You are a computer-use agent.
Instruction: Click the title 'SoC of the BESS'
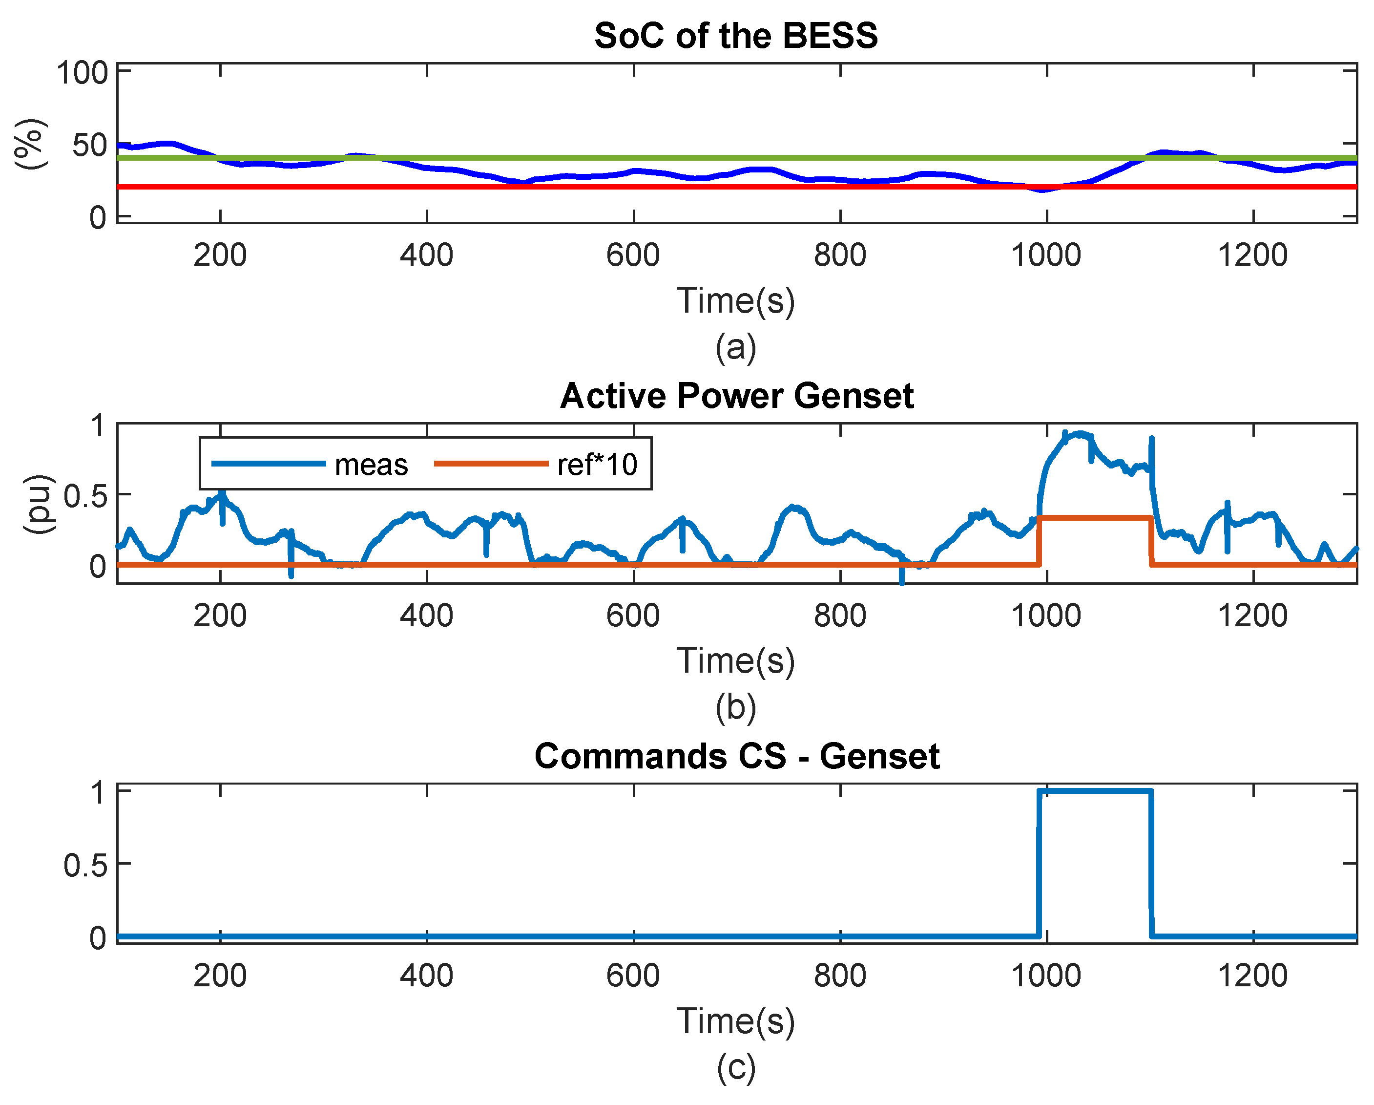pyautogui.click(x=736, y=36)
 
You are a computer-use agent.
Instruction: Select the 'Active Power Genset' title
pyautogui.click(x=737, y=396)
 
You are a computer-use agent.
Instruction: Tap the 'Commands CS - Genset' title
pyautogui.click(x=737, y=756)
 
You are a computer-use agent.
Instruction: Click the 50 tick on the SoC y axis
pyautogui.click(x=90, y=146)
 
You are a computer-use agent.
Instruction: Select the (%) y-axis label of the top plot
pyautogui.click(x=30, y=144)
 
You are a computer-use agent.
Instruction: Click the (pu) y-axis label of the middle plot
pyautogui.click(x=38, y=504)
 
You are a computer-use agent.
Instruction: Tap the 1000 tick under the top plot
pyautogui.click(x=1046, y=255)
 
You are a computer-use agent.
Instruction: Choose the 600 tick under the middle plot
pyautogui.click(x=633, y=616)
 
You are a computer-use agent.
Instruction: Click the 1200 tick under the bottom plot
pyautogui.click(x=1253, y=976)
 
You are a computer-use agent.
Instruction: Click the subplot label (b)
pyautogui.click(x=736, y=708)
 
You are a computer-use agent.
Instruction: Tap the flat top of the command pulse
pyautogui.click(x=1095, y=791)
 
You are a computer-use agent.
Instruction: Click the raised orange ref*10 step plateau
pyautogui.click(x=1095, y=518)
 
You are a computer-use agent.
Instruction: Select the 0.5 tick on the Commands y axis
pyautogui.click(x=85, y=865)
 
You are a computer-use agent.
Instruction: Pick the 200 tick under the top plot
pyautogui.click(x=220, y=255)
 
